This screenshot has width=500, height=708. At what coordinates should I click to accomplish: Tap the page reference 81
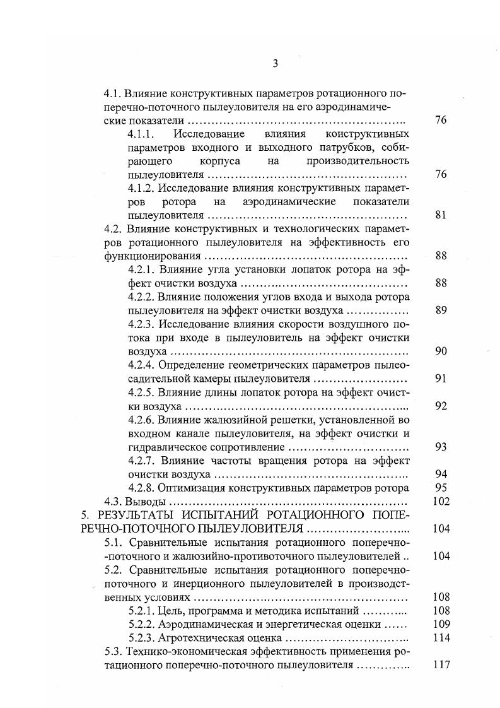pos(441,215)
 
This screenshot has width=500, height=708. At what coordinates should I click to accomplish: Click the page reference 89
pos(441,310)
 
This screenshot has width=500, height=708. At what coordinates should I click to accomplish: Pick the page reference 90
pos(441,351)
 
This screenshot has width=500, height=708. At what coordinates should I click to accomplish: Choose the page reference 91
pos(441,379)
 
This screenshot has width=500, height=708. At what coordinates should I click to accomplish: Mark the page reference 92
pos(441,406)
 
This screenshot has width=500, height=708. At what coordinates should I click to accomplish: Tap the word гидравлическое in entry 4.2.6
pos(165,447)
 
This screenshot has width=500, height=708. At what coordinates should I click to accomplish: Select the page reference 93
pos(441,447)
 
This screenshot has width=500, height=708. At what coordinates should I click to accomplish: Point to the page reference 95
pos(441,488)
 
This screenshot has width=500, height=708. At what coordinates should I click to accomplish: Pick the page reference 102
pos(441,502)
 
